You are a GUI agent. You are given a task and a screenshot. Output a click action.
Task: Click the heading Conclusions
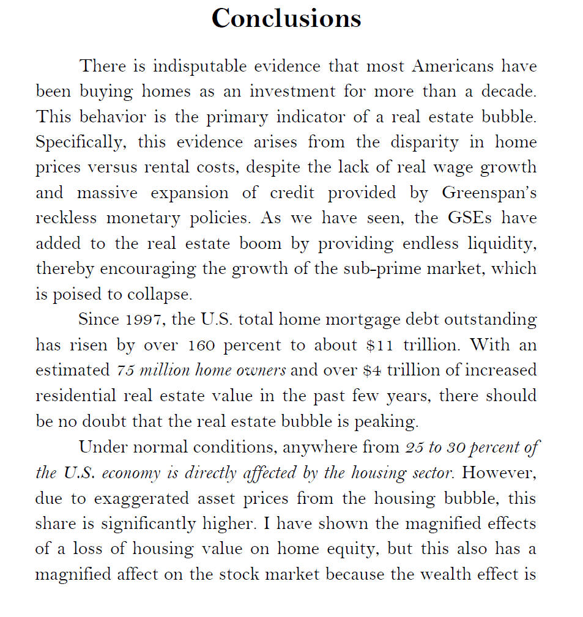point(286,18)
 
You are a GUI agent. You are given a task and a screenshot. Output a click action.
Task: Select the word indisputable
point(199,65)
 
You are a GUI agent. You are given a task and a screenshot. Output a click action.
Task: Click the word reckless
point(67,218)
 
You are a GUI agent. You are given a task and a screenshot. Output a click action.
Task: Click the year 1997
point(142,320)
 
